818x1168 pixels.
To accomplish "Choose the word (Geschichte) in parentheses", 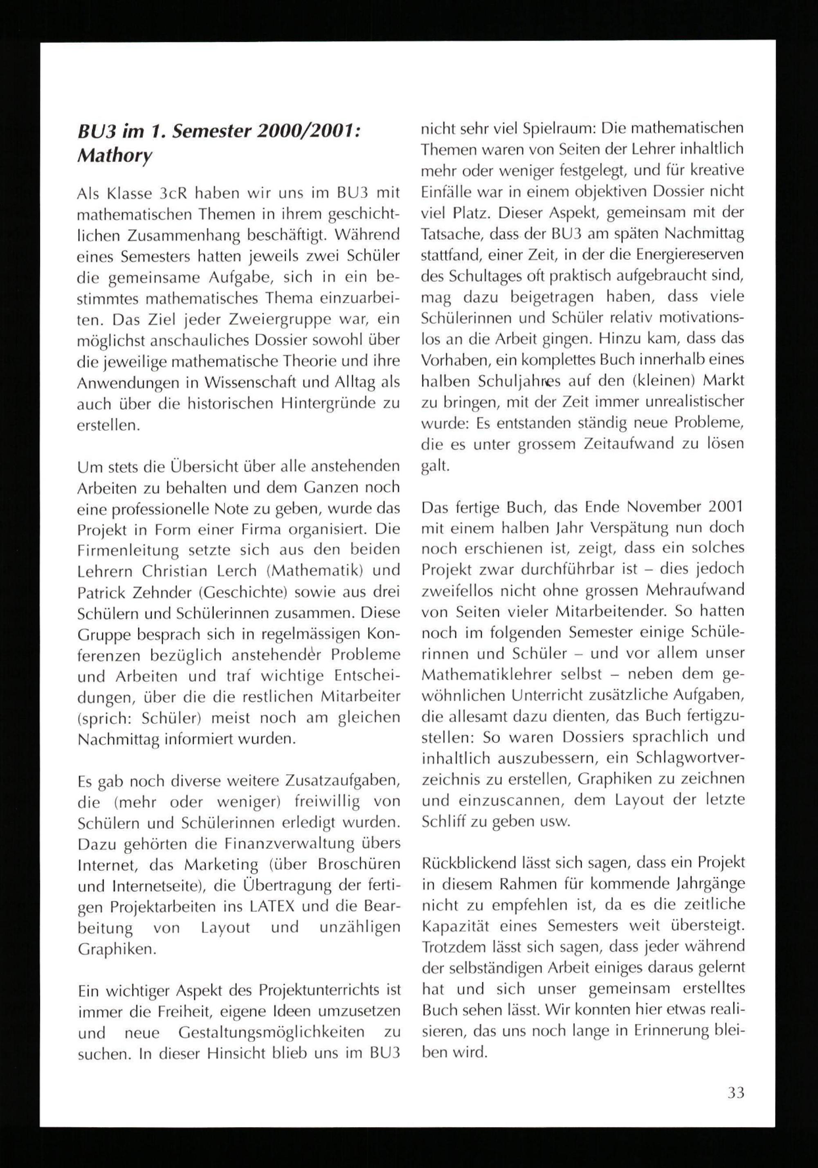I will click(x=254, y=592).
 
